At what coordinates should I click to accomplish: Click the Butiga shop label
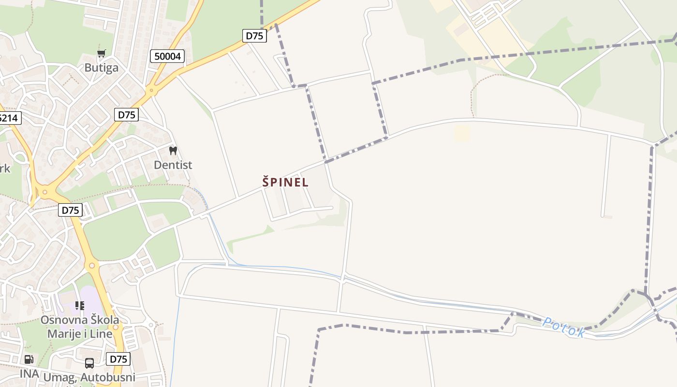(101, 67)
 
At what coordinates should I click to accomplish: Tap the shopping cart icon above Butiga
(101, 54)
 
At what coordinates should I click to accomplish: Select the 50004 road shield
(168, 56)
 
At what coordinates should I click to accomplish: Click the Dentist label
(173, 165)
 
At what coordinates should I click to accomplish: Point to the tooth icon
(173, 150)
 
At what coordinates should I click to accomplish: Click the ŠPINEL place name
(285, 182)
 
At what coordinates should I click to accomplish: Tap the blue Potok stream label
(563, 327)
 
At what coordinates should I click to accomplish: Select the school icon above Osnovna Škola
(80, 306)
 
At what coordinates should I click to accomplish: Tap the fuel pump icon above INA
(29, 359)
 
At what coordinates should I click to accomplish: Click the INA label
(29, 373)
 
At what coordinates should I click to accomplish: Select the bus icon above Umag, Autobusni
(89, 363)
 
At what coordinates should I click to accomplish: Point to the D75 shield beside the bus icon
(118, 359)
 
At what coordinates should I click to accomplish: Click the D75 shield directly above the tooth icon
(127, 115)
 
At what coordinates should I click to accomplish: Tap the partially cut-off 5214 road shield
(9, 118)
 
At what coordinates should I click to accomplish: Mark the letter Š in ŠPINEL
(265, 182)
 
